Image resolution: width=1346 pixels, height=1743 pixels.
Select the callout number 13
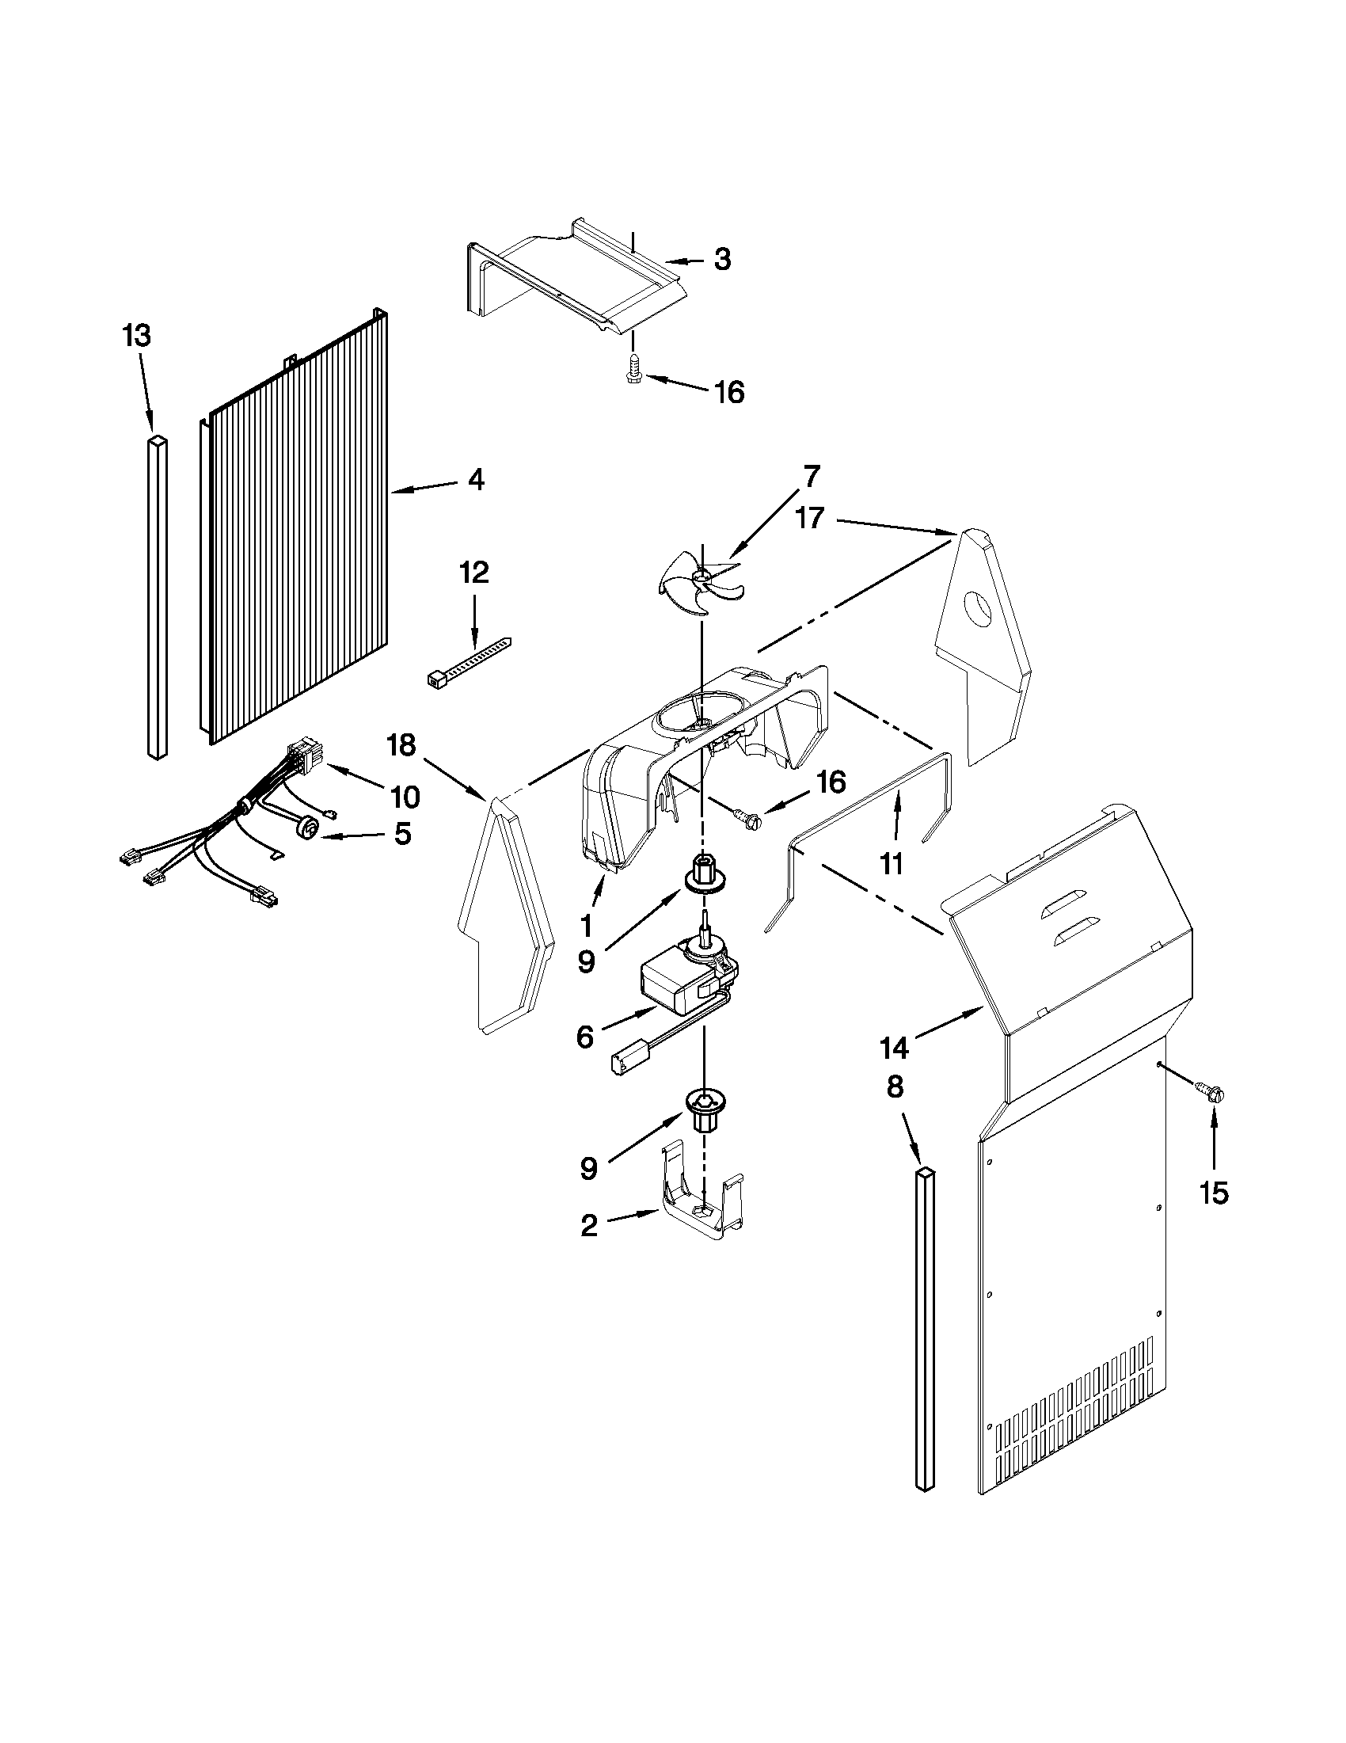click(x=136, y=336)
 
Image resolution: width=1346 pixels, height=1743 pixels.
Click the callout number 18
click(x=401, y=745)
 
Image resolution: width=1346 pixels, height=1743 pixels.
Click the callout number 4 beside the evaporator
click(x=476, y=480)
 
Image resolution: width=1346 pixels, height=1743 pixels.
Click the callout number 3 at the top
click(x=721, y=260)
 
